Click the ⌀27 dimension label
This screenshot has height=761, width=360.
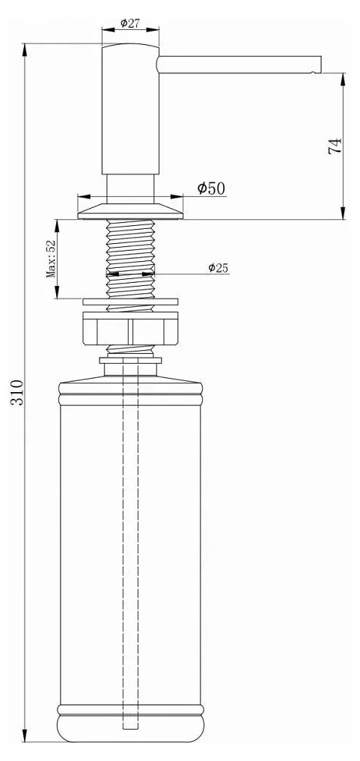point(130,22)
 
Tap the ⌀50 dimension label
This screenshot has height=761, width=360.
point(212,188)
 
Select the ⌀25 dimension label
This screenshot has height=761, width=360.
point(219,267)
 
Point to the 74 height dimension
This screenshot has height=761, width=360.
point(335,146)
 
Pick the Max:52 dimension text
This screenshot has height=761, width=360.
point(50,258)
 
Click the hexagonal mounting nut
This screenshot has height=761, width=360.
point(130,328)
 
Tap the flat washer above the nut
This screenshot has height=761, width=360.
point(130,302)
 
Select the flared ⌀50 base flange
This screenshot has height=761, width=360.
point(130,210)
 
